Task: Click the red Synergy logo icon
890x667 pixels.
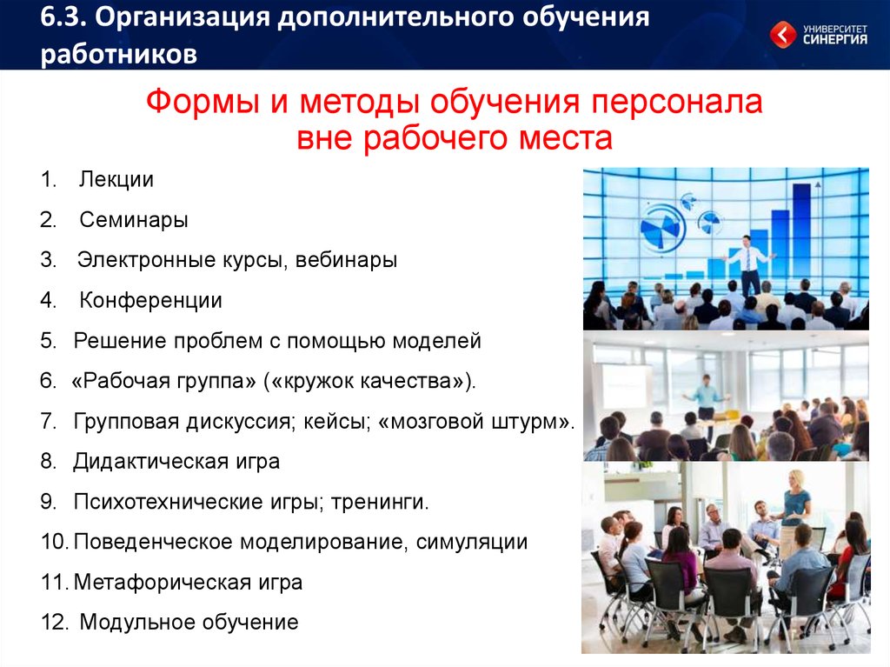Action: click(x=783, y=35)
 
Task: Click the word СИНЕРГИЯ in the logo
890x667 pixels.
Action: click(x=835, y=40)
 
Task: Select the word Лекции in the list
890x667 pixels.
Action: click(x=116, y=179)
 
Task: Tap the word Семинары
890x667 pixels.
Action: click(x=134, y=220)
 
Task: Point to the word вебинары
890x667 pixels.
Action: click(x=346, y=260)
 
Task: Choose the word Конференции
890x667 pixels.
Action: click(x=150, y=301)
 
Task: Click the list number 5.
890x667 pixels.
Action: click(x=49, y=341)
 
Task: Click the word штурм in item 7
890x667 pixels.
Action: click(x=525, y=422)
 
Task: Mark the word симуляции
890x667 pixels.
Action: click(x=472, y=542)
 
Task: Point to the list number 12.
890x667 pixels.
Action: click(x=55, y=622)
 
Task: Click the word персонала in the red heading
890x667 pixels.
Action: click(x=676, y=103)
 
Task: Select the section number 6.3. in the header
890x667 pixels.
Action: click(x=63, y=17)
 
